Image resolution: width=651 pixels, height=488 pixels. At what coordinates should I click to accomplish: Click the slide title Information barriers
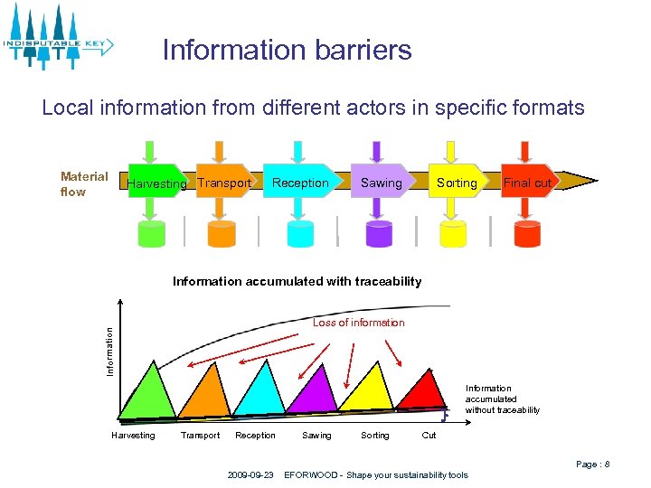287,50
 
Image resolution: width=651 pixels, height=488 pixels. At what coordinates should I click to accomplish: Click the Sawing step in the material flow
381,183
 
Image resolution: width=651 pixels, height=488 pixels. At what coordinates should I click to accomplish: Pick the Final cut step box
527,183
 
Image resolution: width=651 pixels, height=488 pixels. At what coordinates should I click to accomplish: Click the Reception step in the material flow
300,183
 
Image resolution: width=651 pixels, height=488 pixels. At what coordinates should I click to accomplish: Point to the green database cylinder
152,232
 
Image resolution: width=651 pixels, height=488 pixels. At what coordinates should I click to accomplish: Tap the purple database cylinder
379,232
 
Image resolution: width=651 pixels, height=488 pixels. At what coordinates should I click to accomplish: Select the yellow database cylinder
452,232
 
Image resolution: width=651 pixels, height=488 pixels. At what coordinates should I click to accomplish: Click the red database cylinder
526,232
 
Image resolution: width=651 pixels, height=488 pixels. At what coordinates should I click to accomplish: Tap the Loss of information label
358,323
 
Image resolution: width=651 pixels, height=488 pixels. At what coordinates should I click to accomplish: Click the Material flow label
84,184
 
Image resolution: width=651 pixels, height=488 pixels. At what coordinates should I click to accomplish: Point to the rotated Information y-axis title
109,352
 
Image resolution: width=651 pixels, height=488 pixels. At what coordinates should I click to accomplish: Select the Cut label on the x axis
429,436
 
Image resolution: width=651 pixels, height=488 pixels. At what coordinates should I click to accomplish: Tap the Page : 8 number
592,465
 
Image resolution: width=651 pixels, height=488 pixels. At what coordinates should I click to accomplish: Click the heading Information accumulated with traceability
297,281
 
